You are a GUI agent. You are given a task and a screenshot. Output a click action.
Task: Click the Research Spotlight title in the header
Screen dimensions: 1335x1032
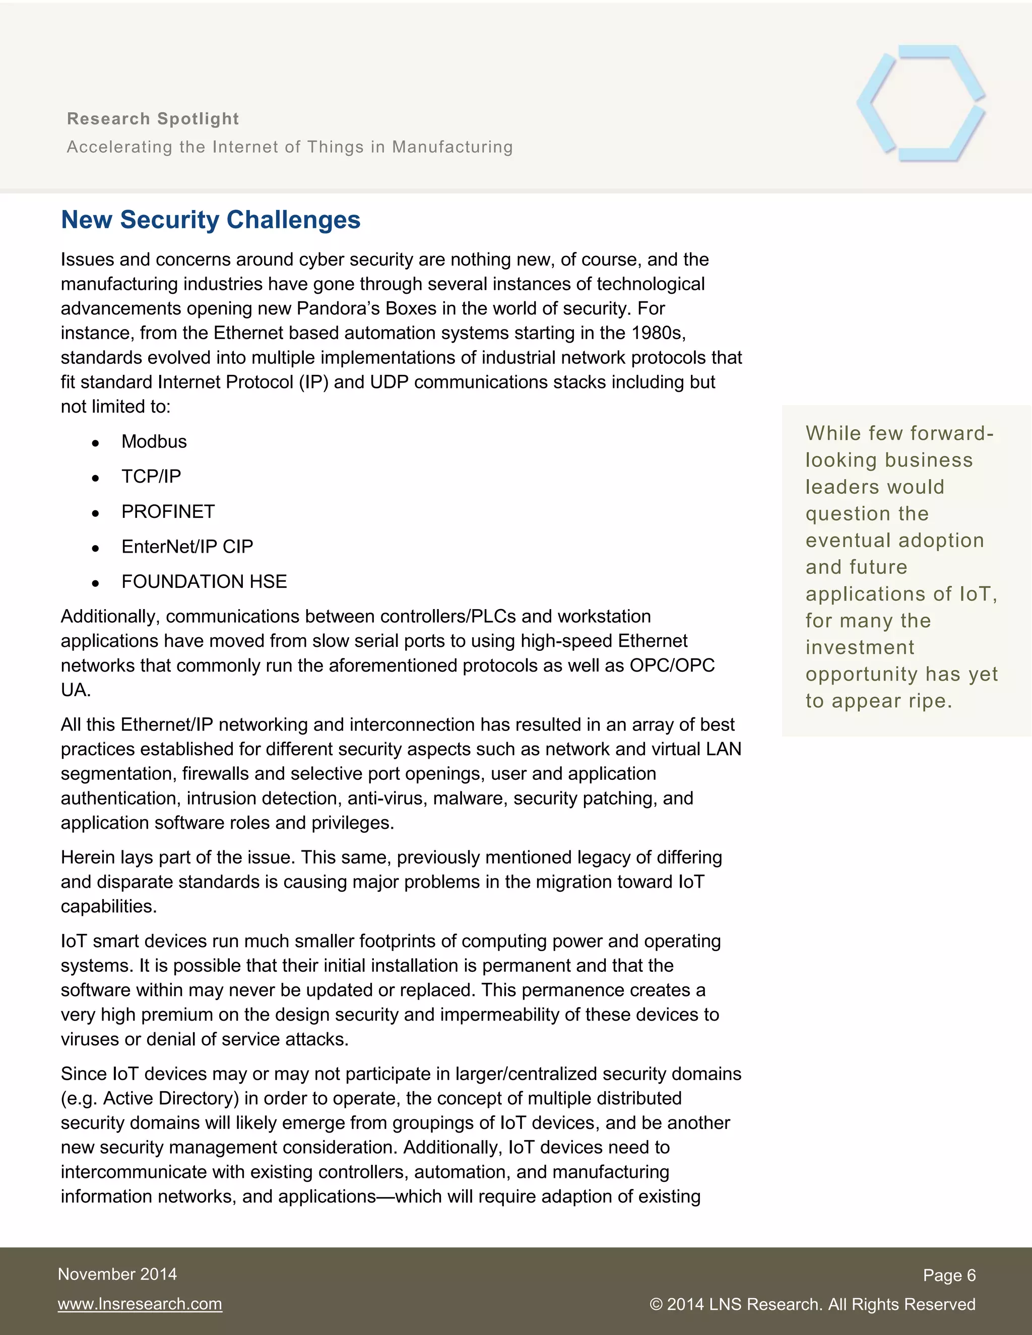153,118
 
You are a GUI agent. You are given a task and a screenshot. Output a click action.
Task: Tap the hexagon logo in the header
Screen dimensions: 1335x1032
921,103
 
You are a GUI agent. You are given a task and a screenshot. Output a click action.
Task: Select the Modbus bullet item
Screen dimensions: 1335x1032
154,441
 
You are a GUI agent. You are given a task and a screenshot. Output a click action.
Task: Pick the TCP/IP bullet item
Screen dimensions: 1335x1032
151,476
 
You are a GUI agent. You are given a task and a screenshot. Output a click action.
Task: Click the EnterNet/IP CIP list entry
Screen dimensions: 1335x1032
187,547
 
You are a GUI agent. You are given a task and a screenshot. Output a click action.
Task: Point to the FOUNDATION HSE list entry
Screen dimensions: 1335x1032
204,581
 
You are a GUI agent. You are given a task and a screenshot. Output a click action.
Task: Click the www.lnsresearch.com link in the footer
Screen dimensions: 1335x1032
140,1304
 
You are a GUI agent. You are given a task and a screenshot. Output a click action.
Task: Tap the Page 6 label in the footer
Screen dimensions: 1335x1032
949,1275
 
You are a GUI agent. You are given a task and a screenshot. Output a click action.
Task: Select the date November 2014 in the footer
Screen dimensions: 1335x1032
117,1274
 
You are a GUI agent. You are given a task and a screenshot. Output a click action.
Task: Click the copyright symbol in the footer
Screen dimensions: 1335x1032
656,1304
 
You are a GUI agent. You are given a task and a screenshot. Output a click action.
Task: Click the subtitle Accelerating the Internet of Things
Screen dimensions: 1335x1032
290,147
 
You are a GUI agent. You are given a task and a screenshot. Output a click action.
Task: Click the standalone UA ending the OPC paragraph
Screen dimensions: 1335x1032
76,690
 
